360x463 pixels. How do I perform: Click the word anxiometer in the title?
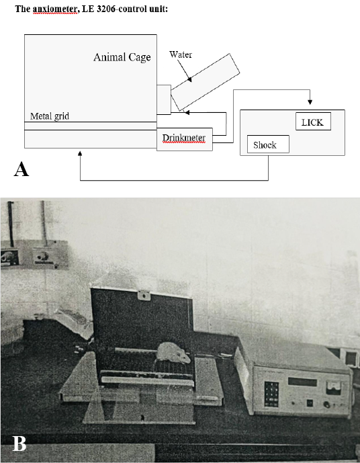pos(56,9)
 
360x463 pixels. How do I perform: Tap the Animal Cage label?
pos(122,57)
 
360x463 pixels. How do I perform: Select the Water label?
pos(181,54)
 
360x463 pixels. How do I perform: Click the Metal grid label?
pos(50,116)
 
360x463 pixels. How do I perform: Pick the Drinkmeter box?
pos(185,139)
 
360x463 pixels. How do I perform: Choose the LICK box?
pos(313,122)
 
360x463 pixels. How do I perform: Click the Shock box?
pos(268,144)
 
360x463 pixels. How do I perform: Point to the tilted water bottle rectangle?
pos(206,82)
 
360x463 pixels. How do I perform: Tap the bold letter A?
pos(21,169)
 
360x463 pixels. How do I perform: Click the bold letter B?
pos(19,444)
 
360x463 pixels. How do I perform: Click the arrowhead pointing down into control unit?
pos(310,102)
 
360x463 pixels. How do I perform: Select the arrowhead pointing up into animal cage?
pos(80,153)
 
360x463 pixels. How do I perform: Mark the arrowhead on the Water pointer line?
pos(189,79)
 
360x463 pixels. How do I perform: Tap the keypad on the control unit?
pos(271,394)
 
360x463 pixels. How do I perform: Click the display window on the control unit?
pos(302,382)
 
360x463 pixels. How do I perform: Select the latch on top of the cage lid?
pos(144,295)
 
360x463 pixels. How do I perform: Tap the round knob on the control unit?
pos(326,405)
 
